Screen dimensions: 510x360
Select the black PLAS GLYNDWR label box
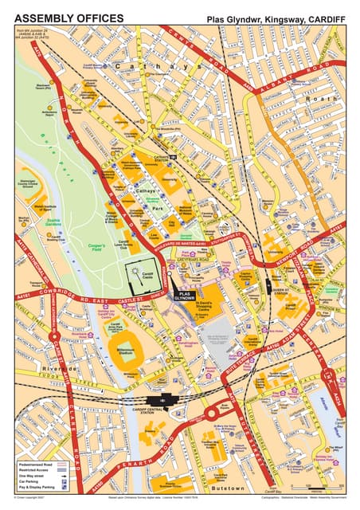[x=183, y=295]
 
